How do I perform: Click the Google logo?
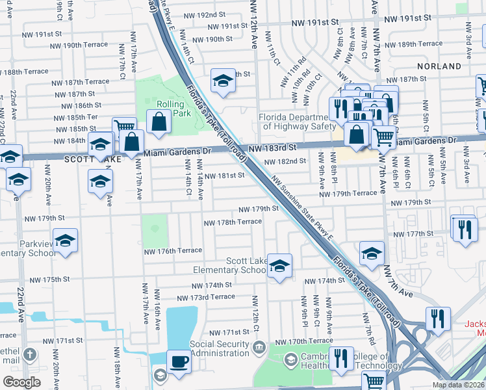(x=21, y=382)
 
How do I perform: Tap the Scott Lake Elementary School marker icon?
(x=279, y=266)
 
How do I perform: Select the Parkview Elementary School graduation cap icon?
(x=66, y=241)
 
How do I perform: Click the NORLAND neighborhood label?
(x=440, y=66)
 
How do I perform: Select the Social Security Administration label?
(x=220, y=348)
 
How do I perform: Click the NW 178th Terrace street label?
(x=233, y=222)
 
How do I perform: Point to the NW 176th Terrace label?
(x=171, y=250)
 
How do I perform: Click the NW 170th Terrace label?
(x=305, y=341)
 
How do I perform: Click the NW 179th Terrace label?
(x=348, y=193)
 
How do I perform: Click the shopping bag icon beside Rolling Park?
(x=159, y=122)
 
